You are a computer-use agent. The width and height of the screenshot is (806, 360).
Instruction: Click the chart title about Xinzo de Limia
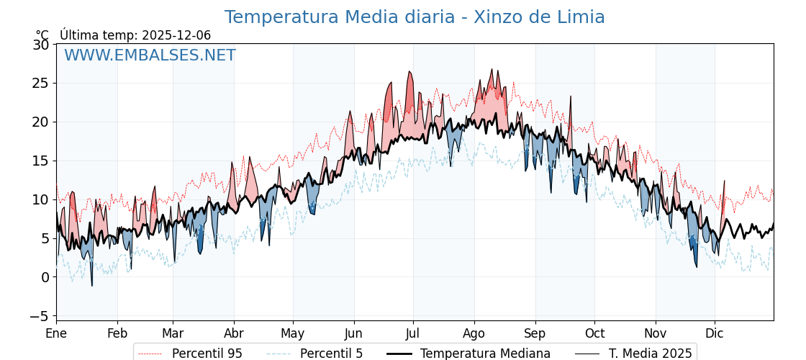415,17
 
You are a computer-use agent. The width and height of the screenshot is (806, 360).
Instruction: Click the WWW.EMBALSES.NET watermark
150,55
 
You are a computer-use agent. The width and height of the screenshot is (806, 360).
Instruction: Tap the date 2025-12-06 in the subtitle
176,35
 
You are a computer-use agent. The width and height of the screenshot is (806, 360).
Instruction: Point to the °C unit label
42,35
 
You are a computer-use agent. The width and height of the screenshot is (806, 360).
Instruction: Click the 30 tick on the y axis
41,45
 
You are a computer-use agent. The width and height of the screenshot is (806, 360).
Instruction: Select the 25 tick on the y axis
41,84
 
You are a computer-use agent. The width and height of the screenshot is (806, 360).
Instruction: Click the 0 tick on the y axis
45,277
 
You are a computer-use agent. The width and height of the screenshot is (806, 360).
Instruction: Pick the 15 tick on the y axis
41,161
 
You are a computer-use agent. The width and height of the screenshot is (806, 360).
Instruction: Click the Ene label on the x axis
56,333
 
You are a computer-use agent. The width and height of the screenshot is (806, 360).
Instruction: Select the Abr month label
234,333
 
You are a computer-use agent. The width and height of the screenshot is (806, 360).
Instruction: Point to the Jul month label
413,333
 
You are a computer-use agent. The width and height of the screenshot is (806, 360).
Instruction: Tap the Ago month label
474,333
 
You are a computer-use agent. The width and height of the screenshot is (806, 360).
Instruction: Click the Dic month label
715,333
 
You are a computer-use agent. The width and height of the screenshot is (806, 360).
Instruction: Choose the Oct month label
594,333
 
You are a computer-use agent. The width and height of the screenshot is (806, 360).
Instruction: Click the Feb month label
117,333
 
